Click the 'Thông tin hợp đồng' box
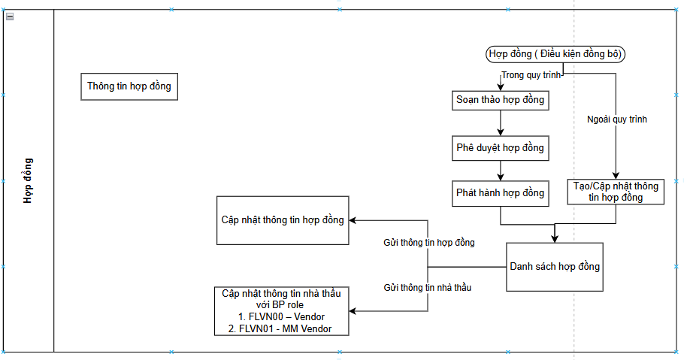point(129,86)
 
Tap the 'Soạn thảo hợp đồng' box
point(500,99)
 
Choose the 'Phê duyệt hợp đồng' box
point(500,147)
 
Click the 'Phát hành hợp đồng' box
point(500,193)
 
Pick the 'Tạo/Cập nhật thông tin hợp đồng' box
point(616,192)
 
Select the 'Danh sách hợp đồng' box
point(555,267)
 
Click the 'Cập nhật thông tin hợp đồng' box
point(283,220)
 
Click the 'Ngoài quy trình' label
point(616,119)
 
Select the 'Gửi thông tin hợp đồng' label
point(428,243)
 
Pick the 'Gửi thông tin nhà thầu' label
point(428,287)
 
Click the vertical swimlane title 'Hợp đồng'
point(28,180)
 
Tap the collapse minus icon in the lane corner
point(10,17)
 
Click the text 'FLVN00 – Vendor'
point(281,317)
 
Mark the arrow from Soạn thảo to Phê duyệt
point(500,123)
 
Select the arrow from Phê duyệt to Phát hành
point(500,170)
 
